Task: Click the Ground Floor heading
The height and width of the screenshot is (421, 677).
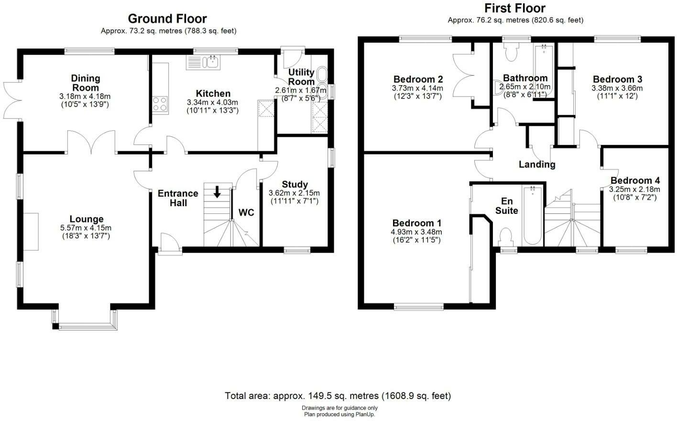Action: (x=167, y=19)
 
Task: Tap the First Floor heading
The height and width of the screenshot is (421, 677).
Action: (x=514, y=8)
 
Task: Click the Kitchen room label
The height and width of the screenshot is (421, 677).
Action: (x=213, y=94)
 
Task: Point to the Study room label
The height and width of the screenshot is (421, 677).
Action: (x=295, y=184)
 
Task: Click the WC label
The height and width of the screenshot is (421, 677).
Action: (x=246, y=212)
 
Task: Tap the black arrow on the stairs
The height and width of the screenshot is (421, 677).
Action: (x=217, y=192)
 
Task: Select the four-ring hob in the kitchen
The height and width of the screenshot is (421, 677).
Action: (x=160, y=104)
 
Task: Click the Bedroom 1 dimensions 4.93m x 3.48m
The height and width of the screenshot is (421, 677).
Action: (x=416, y=232)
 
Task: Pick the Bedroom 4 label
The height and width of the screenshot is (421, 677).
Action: (x=635, y=180)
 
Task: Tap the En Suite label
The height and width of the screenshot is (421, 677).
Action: (x=506, y=206)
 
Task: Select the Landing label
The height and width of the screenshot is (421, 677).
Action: (x=537, y=165)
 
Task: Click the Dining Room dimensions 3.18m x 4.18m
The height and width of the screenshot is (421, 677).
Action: (x=85, y=96)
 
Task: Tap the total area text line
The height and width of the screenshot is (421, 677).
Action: (x=338, y=396)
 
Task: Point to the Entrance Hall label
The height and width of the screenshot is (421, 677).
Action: (x=178, y=198)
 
